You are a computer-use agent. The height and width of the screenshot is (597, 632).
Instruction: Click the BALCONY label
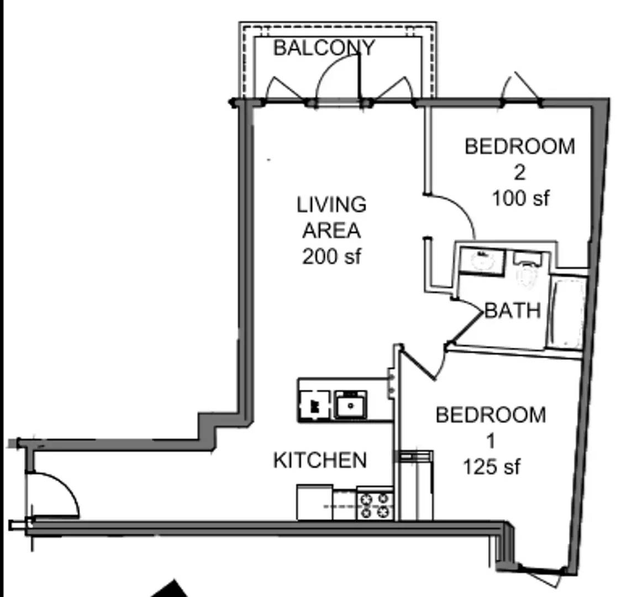tap(324, 48)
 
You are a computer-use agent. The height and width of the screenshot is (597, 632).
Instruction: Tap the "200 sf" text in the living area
tap(331, 256)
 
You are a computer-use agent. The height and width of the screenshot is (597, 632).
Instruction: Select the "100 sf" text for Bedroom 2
tap(521, 198)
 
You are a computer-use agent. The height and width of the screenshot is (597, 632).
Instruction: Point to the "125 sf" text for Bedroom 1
tap(491, 467)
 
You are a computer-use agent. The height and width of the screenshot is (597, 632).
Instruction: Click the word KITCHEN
tap(320, 460)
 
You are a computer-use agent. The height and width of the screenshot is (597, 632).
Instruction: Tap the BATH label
tap(512, 311)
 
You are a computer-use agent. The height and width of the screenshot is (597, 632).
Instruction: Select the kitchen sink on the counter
tap(350, 405)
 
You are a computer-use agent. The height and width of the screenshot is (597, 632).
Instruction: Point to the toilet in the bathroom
tap(527, 269)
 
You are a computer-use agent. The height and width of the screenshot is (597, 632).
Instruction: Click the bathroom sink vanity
tap(482, 261)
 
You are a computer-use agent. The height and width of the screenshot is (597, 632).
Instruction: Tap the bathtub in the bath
tap(568, 313)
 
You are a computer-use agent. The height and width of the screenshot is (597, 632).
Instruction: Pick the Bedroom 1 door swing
tap(423, 365)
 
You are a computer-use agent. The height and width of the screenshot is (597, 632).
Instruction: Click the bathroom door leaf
tap(466, 328)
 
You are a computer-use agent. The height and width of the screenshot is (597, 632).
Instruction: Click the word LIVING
tap(331, 205)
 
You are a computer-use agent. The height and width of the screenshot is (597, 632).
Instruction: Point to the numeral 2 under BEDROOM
tap(520, 172)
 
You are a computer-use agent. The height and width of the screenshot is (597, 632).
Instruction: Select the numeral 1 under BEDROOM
tap(491, 441)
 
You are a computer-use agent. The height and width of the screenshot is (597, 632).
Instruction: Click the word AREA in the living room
tap(331, 231)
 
